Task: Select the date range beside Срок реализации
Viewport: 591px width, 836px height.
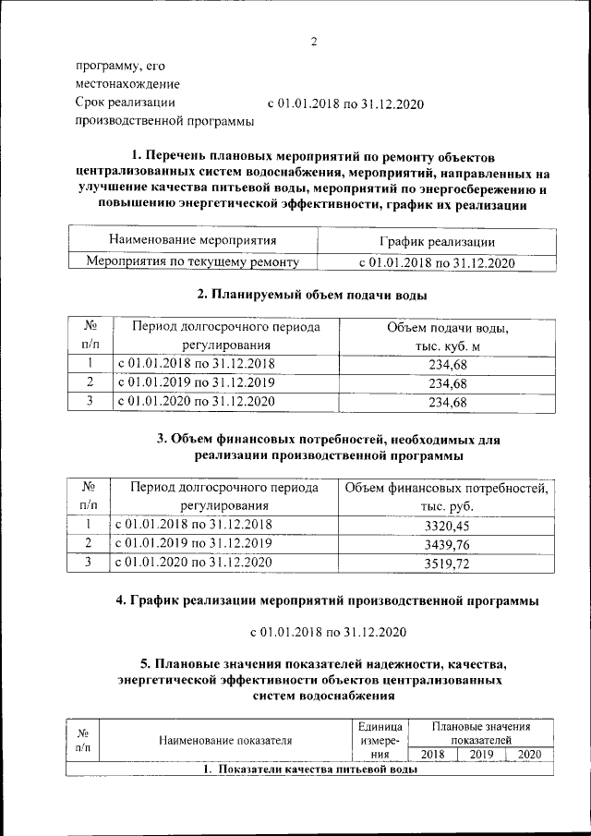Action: (x=344, y=103)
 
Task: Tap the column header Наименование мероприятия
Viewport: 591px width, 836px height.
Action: (x=193, y=241)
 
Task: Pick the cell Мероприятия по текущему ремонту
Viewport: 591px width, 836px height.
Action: (x=193, y=262)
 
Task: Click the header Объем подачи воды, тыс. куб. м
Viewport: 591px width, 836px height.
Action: (x=448, y=336)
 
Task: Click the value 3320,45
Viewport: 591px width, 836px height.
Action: (x=447, y=526)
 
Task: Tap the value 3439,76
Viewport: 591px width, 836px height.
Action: (x=447, y=544)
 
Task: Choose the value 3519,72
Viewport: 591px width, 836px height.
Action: (x=447, y=563)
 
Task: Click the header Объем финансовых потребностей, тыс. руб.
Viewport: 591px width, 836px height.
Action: (x=447, y=497)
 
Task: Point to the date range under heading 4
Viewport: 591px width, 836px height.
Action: (x=329, y=632)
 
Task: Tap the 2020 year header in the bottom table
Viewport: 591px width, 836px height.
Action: (x=529, y=755)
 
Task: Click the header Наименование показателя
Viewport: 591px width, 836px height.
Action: (x=225, y=740)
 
